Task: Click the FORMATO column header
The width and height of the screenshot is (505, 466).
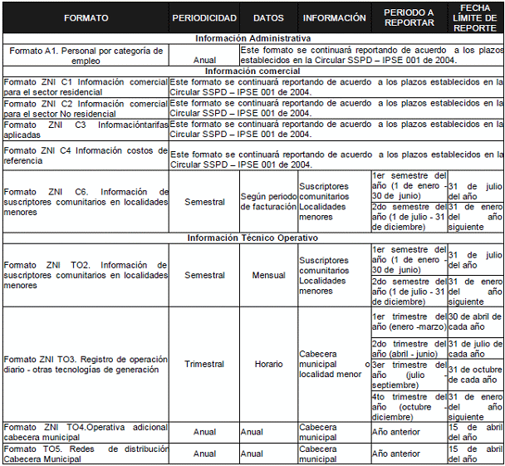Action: tap(86, 17)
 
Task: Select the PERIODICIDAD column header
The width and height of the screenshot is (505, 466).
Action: tap(203, 17)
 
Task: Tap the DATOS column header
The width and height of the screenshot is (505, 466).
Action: tap(268, 17)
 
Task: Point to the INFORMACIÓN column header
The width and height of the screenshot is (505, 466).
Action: tap(334, 17)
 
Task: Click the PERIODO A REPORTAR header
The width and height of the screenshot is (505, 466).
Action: tap(409, 17)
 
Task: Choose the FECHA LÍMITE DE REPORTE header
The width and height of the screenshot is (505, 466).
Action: tap(475, 17)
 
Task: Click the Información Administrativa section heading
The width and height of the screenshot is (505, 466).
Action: tap(252, 38)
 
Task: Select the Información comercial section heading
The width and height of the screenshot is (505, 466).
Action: tap(252, 71)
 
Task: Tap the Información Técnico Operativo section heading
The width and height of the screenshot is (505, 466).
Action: tap(252, 238)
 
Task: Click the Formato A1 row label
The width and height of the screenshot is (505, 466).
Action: tap(86, 55)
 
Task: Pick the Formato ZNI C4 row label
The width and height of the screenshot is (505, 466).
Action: tap(86, 155)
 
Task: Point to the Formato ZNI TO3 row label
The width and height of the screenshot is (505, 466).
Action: tap(86, 364)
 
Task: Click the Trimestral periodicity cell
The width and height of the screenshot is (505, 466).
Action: tap(203, 364)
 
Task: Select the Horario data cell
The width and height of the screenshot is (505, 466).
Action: tap(268, 364)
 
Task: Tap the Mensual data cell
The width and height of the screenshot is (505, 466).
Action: tap(268, 275)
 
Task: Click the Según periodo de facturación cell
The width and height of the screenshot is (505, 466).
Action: tap(268, 201)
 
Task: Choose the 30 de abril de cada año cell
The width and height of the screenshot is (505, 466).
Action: tap(475, 321)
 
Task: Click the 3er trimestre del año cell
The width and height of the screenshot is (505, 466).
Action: tap(409, 375)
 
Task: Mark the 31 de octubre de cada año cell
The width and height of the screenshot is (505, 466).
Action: tap(475, 375)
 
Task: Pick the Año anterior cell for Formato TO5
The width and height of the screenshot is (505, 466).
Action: tap(409, 454)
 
